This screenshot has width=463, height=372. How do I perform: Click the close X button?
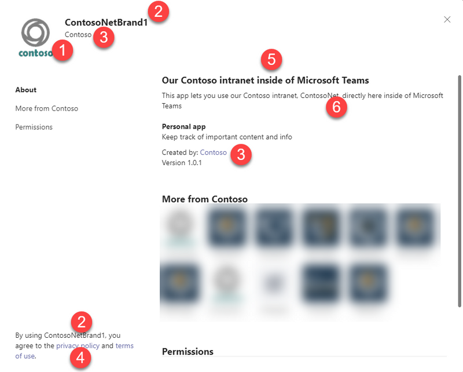click(x=447, y=19)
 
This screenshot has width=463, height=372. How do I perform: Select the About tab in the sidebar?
click(x=26, y=90)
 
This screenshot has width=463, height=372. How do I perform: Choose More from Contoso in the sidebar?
click(x=47, y=108)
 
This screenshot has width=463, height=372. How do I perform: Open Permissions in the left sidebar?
click(x=34, y=127)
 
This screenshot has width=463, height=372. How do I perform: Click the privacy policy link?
click(x=78, y=346)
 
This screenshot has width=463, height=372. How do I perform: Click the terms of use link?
click(x=124, y=346)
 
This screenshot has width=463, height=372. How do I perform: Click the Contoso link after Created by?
click(x=213, y=152)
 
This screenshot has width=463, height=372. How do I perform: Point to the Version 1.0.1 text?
click(x=182, y=163)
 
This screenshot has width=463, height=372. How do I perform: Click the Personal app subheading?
click(x=183, y=126)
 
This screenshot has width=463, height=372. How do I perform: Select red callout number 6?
click(x=336, y=107)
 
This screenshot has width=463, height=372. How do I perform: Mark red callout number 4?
click(x=80, y=357)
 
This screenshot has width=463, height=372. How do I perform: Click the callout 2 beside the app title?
click(x=158, y=11)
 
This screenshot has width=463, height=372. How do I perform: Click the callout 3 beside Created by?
click(x=241, y=154)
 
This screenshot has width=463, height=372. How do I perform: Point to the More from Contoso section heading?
click(x=205, y=199)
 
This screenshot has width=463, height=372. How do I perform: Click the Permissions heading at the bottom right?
click(x=188, y=352)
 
